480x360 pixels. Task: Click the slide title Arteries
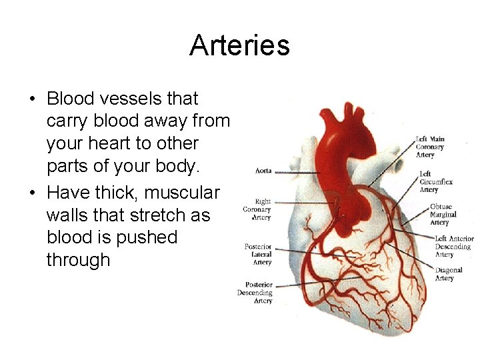(239, 45)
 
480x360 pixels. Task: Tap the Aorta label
(263, 171)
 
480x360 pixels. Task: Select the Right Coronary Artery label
(257, 209)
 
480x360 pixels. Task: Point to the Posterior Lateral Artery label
(258, 254)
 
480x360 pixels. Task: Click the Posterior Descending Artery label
(255, 293)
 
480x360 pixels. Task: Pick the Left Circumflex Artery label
(437, 181)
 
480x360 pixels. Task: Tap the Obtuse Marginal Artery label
(443, 215)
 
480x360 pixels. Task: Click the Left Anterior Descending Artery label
(453, 246)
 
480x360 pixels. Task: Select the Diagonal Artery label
(449, 274)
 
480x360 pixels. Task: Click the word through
(78, 259)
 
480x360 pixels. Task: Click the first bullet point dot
(32, 99)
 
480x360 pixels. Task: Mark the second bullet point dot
(32, 193)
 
